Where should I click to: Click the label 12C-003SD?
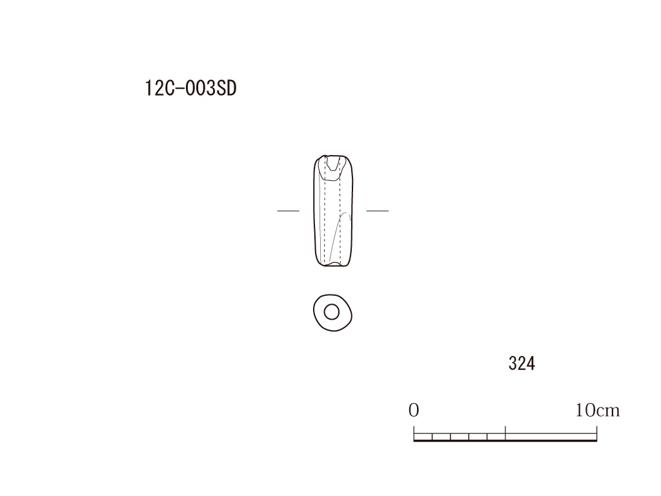(x=190, y=88)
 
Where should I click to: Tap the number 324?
(x=522, y=363)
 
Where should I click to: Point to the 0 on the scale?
(x=414, y=410)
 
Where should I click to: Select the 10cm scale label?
(x=597, y=410)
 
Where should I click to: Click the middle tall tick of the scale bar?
(x=505, y=433)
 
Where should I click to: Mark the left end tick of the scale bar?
(x=414, y=433)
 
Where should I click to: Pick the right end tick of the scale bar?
(x=596, y=433)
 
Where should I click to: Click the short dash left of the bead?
(x=289, y=211)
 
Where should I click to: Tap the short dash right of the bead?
(x=377, y=211)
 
